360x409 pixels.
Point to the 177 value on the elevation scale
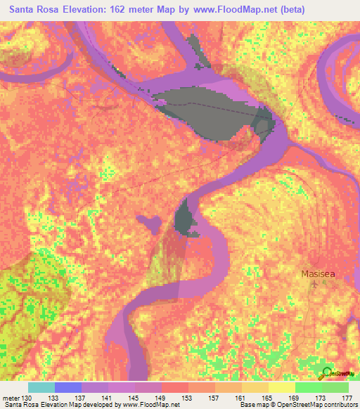coord(347,397)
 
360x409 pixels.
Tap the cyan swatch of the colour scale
coord(41,387)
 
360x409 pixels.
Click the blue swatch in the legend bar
coord(67,387)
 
